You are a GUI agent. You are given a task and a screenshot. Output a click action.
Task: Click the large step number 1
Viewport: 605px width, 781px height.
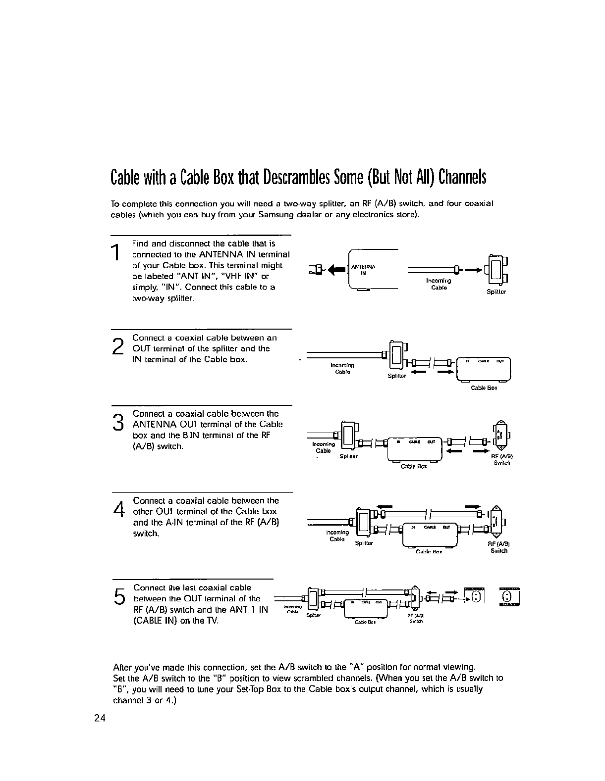pos(115,252)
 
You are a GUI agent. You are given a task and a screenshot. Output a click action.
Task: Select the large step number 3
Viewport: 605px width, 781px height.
pos(117,422)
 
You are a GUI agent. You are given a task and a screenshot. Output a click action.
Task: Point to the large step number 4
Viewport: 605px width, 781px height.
pos(118,509)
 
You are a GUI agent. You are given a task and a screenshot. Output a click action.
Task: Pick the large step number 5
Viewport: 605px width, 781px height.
pos(118,596)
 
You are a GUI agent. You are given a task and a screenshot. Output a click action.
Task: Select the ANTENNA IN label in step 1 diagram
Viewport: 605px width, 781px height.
pos(364,269)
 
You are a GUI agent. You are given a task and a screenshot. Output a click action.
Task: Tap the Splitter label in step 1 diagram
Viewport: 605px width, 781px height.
pos(496,292)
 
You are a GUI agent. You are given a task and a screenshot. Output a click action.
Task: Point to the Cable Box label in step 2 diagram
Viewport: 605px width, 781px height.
pos(484,388)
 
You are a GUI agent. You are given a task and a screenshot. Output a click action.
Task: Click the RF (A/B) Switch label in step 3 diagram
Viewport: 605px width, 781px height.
pos(501,460)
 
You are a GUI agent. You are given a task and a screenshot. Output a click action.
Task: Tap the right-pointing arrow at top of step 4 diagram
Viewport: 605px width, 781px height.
pos(472,507)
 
